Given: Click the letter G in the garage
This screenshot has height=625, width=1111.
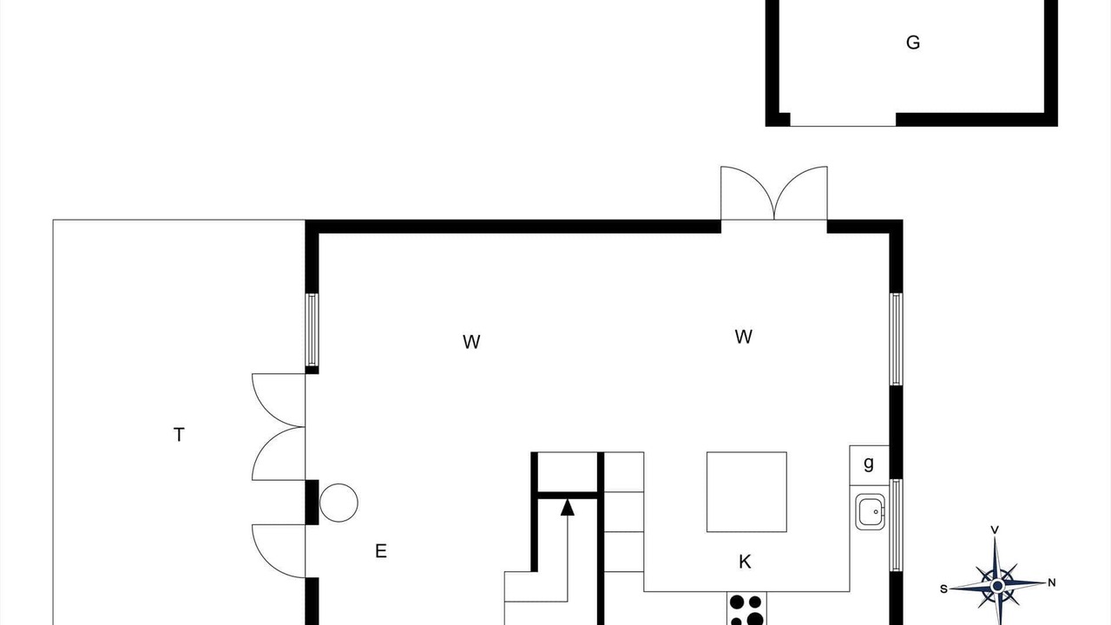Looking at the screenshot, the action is [912, 43].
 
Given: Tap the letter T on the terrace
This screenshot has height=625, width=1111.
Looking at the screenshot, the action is [179, 435].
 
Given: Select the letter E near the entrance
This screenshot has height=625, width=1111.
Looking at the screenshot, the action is [380, 551].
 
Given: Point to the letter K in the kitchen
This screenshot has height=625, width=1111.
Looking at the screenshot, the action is [745, 562].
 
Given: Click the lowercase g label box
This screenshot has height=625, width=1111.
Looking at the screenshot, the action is [869, 465].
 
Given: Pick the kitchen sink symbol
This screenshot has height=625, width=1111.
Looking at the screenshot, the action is [870, 512].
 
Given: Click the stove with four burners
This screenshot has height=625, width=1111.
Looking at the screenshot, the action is [746, 609].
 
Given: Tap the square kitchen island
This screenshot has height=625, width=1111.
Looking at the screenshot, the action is [746, 492].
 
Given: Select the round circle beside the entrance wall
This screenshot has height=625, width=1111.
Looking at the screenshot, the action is [339, 503].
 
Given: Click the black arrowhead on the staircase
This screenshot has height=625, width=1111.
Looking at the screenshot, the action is [568, 508].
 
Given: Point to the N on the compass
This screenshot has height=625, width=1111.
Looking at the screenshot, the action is [1051, 582].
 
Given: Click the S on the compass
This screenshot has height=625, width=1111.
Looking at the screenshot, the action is [943, 589].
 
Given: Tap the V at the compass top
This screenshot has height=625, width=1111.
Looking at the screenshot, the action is [995, 530].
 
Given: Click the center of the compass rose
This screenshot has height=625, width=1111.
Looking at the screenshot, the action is [997, 586].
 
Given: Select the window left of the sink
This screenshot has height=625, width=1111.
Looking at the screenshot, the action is [896, 525].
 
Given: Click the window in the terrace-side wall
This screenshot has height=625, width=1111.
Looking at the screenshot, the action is [312, 330].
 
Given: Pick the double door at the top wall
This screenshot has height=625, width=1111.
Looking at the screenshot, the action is [773, 194].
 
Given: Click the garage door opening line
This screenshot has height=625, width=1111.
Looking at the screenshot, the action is [843, 126].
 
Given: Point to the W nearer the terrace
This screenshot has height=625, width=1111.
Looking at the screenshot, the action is [471, 342].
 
